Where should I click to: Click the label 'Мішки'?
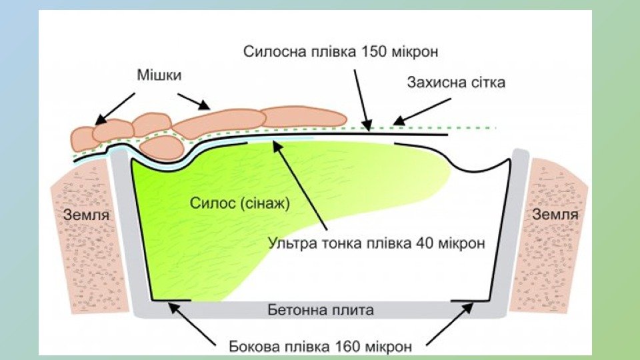tap(159, 76)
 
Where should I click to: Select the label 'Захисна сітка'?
tap(457, 83)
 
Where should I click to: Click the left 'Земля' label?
tap(86, 215)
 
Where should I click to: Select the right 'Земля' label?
tap(555, 214)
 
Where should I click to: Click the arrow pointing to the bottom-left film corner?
tap(193, 324)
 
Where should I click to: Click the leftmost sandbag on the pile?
tap(83, 137)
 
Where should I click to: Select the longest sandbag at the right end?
tap(303, 117)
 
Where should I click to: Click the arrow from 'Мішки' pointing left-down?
tap(115, 107)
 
